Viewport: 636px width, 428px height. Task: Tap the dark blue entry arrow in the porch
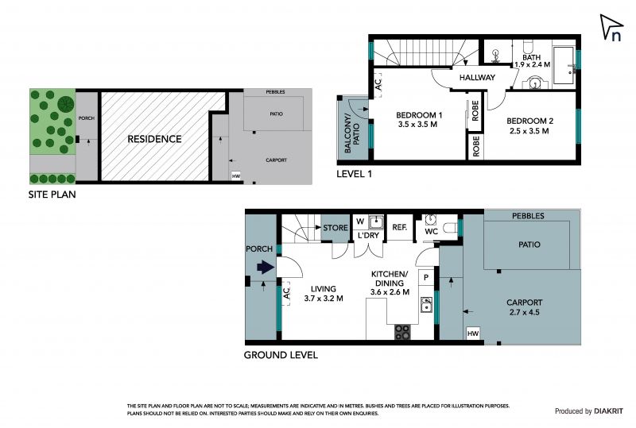[x=266, y=267]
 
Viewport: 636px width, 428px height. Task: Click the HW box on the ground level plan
[x=473, y=334]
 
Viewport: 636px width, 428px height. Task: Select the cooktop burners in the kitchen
[x=402, y=332]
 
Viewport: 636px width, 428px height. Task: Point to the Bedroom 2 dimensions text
[x=529, y=131]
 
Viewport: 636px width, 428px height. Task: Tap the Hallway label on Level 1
[x=477, y=77]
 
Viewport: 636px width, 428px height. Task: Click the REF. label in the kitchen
[x=400, y=227]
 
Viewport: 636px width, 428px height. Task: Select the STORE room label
[x=335, y=228]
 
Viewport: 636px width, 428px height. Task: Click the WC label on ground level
[x=431, y=231]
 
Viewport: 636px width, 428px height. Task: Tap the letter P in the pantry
[x=426, y=278]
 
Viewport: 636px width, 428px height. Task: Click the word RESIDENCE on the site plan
[x=154, y=139]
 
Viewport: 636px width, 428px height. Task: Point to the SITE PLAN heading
[x=52, y=195]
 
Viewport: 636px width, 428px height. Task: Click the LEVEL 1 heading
[x=354, y=174]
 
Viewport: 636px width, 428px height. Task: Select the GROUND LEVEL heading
[x=281, y=356]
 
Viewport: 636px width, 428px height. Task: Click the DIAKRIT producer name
[x=608, y=411]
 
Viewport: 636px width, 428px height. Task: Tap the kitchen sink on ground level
[x=426, y=305]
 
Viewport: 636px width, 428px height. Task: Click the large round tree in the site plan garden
[x=65, y=105]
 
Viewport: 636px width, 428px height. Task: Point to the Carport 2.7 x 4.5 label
[x=525, y=307]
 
